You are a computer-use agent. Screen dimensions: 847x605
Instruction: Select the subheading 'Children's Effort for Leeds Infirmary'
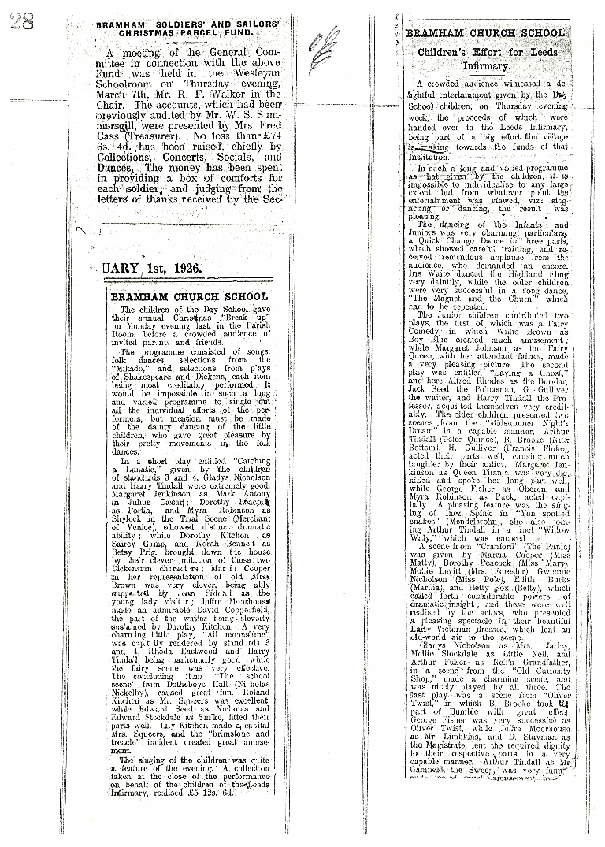pos(488,59)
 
